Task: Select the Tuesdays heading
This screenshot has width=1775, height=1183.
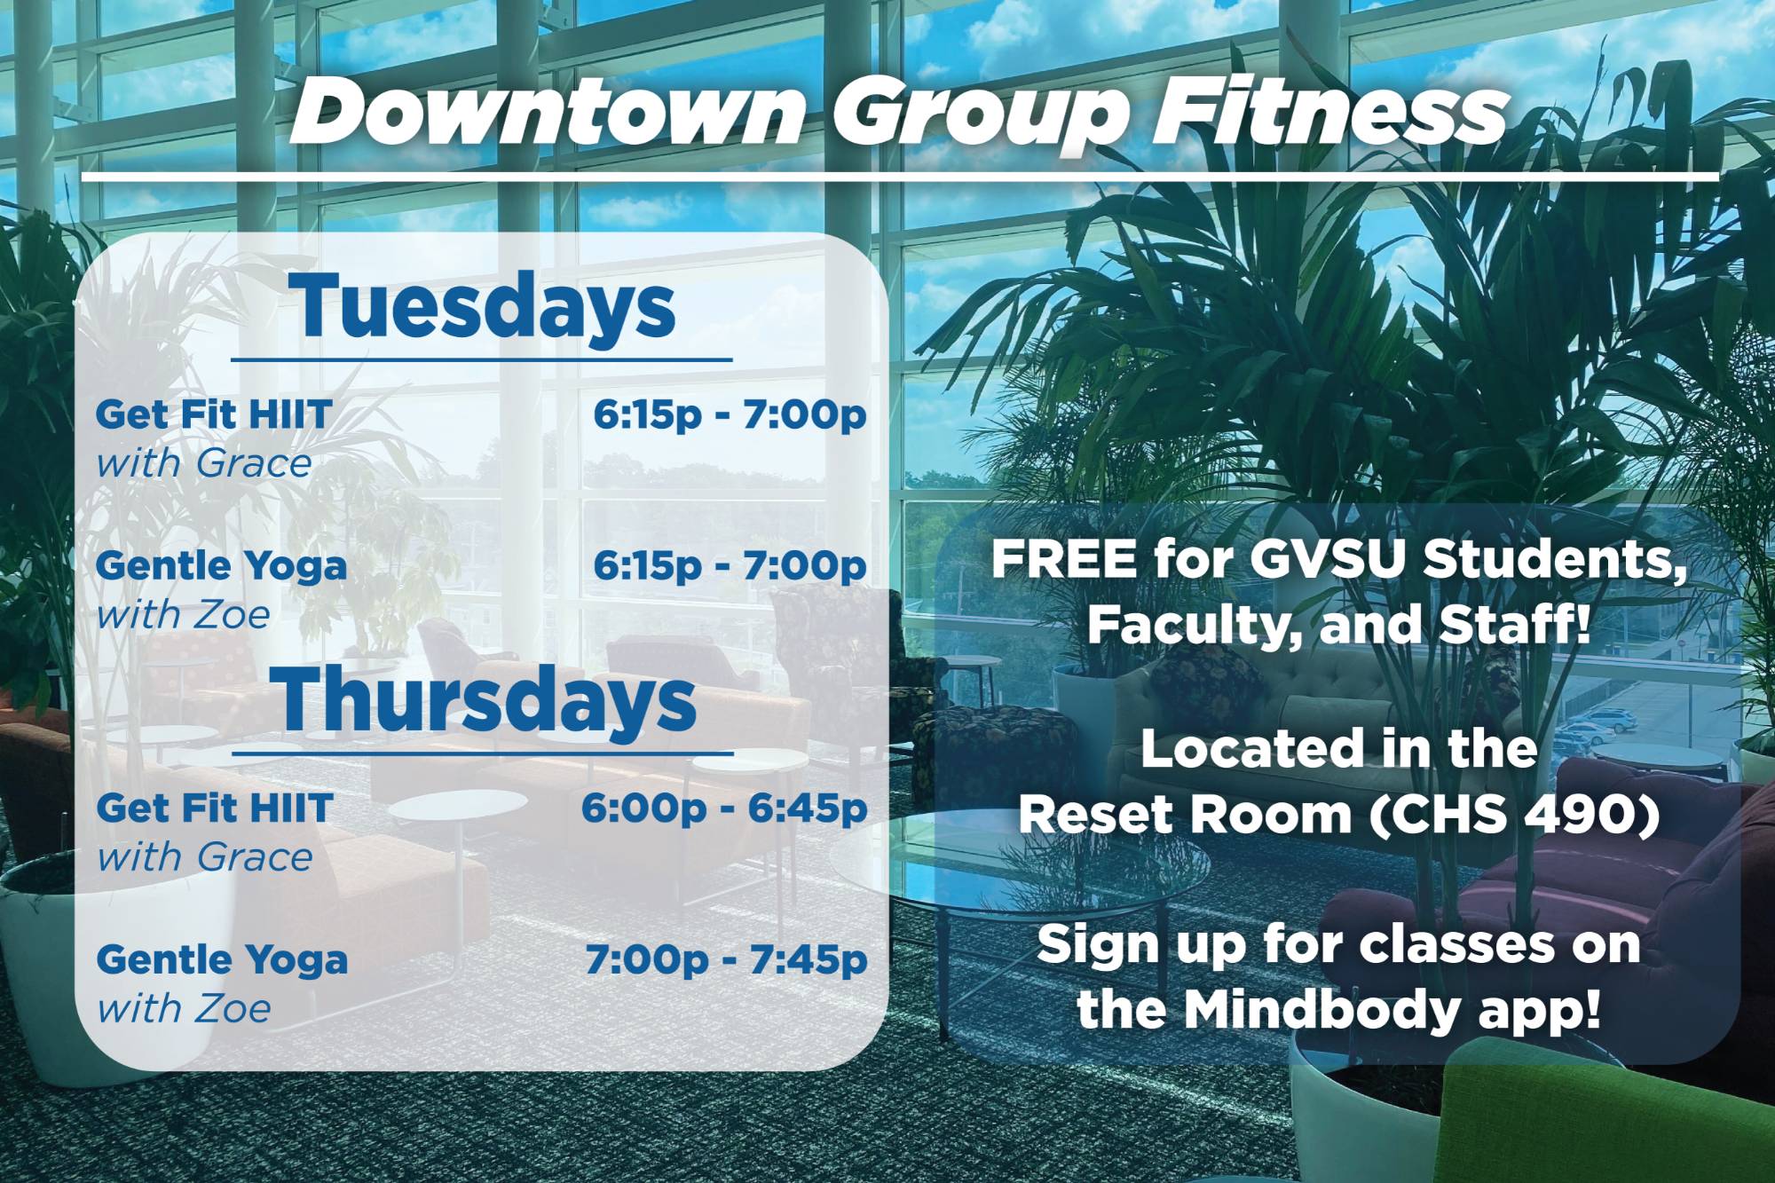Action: coord(486,306)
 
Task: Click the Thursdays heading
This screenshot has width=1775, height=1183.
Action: coord(487,701)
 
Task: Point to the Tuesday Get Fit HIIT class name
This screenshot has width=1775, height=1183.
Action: coord(214,414)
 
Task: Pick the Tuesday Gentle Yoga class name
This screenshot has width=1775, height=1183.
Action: coord(221,566)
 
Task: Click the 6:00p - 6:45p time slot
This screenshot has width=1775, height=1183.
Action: coord(724,808)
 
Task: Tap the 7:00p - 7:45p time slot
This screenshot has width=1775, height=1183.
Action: coord(726,960)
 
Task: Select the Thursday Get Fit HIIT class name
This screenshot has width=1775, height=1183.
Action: coord(215,808)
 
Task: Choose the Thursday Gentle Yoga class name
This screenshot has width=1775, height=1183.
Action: coord(222,960)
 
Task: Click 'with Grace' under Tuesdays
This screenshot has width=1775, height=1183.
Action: coord(204,463)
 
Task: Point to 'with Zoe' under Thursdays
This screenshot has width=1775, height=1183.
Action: coord(184,1009)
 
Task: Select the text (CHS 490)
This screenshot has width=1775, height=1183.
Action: coord(1514,814)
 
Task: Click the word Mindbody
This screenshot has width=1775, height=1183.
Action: coord(1321,1009)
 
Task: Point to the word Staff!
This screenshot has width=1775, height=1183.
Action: coord(1513,625)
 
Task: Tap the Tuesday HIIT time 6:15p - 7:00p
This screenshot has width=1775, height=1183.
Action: coord(730,414)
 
